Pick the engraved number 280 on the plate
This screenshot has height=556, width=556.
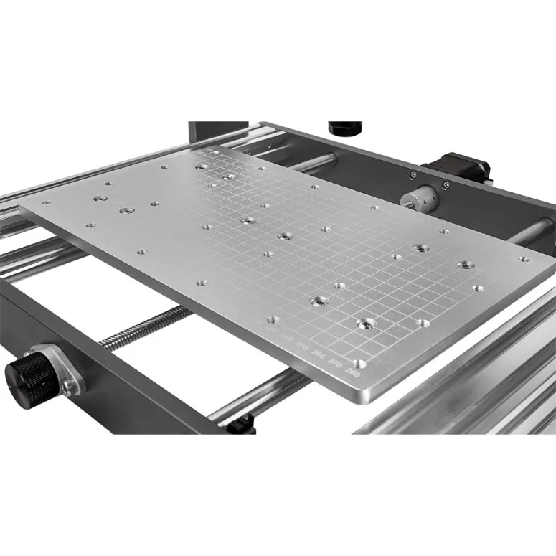[352, 372]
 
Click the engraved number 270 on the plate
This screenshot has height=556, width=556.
[334, 364]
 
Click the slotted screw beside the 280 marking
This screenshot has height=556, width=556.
[359, 364]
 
